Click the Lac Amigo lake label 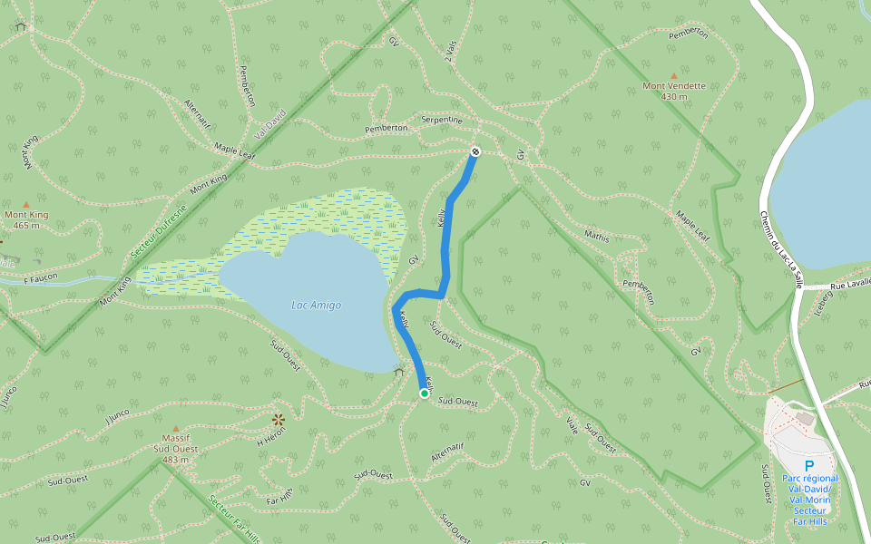pyautogui.click(x=316, y=306)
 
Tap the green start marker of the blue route pyautogui.click(x=424, y=393)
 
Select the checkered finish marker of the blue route pyautogui.click(x=475, y=151)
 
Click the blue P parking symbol pyautogui.click(x=809, y=465)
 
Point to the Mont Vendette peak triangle pyautogui.click(x=673, y=76)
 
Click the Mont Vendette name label pyautogui.click(x=674, y=87)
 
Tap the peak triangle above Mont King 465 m pyautogui.click(x=25, y=205)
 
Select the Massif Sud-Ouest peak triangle pyautogui.click(x=176, y=428)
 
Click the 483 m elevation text pyautogui.click(x=176, y=460)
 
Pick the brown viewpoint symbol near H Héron pyautogui.click(x=278, y=419)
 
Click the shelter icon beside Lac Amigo pyautogui.click(x=399, y=371)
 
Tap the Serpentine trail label pyautogui.click(x=442, y=120)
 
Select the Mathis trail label pyautogui.click(x=597, y=237)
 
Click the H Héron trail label pyautogui.click(x=271, y=436)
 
